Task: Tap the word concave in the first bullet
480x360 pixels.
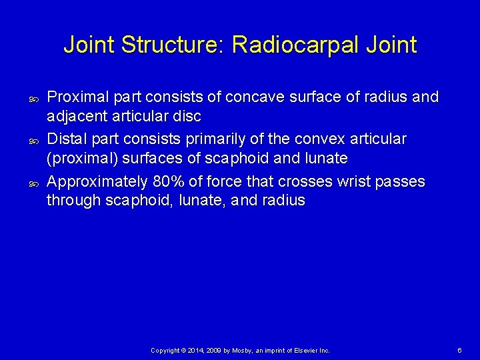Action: tap(254, 97)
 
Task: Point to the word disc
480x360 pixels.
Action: tap(187, 116)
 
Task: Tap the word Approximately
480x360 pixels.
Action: tap(97, 181)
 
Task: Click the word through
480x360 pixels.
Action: tap(73, 200)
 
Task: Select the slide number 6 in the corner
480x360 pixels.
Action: tap(459, 350)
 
